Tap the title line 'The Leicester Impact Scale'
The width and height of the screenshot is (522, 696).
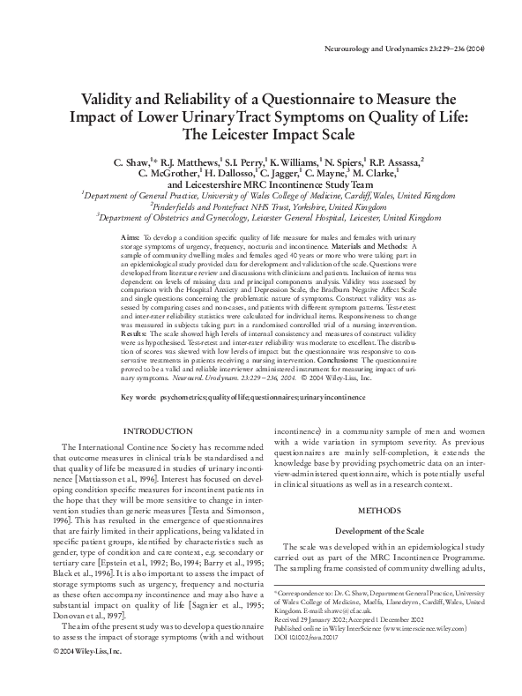[x=260, y=135]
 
